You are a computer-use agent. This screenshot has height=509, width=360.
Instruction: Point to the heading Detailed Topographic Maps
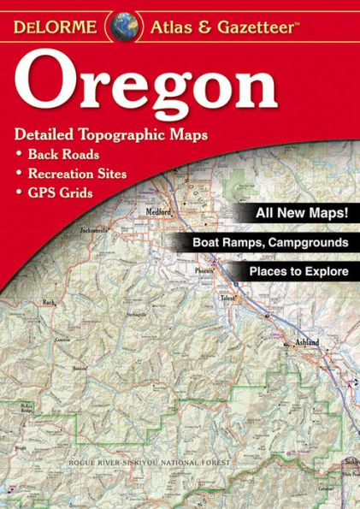(x=111, y=136)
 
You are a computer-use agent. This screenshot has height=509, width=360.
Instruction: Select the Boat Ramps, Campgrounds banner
(x=271, y=243)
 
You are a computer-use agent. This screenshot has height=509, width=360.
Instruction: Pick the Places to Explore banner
(x=298, y=272)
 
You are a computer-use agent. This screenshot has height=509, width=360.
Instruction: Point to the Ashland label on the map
(x=308, y=342)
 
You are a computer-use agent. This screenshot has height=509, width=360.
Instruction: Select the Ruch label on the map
(x=48, y=302)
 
